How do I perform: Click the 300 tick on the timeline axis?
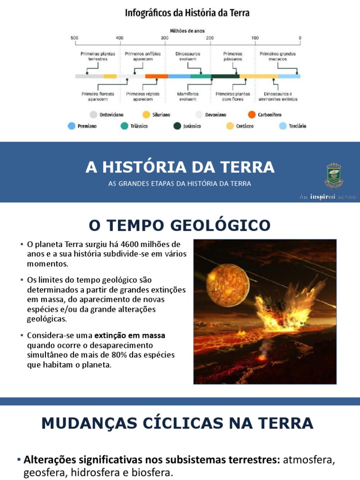(x=165, y=38)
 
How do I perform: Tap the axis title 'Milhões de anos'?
(x=187, y=31)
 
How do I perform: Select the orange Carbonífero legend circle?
(x=252, y=114)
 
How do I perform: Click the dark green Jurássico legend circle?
(x=177, y=126)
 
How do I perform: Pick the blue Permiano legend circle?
(x=71, y=126)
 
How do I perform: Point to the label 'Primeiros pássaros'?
(x=232, y=56)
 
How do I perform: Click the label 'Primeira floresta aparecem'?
(x=98, y=97)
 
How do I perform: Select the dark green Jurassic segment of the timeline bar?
(x=225, y=76)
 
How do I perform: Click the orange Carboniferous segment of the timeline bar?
(x=157, y=76)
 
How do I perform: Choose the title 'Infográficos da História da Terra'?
(x=187, y=13)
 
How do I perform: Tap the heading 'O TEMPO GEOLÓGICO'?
(x=180, y=225)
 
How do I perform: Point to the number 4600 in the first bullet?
(x=130, y=244)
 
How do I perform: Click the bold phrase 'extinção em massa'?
(x=130, y=335)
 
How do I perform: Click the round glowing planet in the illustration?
(x=228, y=285)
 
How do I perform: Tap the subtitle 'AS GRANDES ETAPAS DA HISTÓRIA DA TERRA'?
(x=180, y=183)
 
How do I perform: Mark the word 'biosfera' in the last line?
(x=152, y=472)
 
